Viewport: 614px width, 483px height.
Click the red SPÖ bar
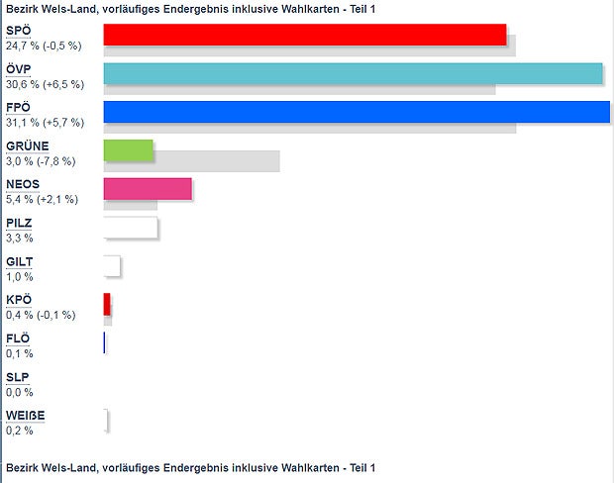[x=304, y=35]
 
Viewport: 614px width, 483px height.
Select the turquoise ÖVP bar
[x=353, y=73]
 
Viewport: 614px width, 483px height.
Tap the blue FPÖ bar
[x=356, y=112]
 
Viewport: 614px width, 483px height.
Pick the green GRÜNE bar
[x=129, y=150]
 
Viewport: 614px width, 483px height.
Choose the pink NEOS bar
[x=148, y=189]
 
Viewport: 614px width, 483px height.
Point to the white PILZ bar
[x=131, y=228]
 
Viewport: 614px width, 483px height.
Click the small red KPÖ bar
[x=107, y=304]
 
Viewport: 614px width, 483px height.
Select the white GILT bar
[x=112, y=266]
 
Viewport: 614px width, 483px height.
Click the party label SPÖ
[x=18, y=32]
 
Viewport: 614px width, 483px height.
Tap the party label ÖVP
[x=19, y=70]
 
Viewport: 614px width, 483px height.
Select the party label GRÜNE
[x=27, y=146]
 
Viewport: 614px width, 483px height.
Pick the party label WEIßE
[x=25, y=416]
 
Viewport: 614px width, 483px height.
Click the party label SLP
[x=17, y=377]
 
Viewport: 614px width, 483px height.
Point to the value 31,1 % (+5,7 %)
[x=45, y=123]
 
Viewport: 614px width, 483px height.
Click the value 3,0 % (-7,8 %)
[x=41, y=161]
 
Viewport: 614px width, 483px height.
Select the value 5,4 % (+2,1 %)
[x=43, y=200]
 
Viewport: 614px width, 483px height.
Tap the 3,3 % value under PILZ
[x=20, y=239]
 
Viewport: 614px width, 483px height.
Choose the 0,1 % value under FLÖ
[x=20, y=353]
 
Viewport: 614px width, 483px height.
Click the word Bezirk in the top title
[x=23, y=9]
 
